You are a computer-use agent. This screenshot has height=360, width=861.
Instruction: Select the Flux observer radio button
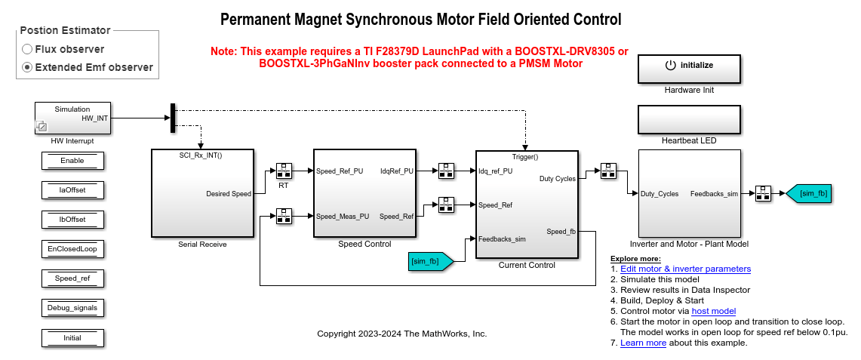coord(28,49)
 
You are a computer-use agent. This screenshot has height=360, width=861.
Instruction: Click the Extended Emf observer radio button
coord(28,67)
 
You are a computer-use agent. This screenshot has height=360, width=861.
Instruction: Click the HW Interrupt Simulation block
coord(72,118)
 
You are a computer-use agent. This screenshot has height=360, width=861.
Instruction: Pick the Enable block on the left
coord(72,161)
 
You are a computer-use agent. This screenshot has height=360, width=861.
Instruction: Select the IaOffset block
coord(72,190)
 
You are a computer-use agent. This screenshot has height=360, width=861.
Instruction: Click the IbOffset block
coord(72,220)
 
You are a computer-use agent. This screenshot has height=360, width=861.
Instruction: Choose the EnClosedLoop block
coord(72,248)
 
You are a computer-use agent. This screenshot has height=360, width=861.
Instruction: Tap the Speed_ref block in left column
coord(72,278)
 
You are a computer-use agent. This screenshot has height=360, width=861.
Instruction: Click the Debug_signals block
coord(72,308)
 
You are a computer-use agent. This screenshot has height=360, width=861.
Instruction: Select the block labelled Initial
coord(72,337)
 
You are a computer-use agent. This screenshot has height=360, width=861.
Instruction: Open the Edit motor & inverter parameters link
coord(685,269)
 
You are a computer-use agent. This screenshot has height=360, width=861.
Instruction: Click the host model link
coord(713,311)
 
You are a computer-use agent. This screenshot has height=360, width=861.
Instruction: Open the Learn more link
coord(643,343)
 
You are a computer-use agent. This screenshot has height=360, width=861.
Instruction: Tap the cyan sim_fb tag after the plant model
coord(808,194)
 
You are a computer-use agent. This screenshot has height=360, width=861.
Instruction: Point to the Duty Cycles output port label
coord(558,179)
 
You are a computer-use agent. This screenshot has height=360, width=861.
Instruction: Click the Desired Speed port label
coord(229,194)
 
